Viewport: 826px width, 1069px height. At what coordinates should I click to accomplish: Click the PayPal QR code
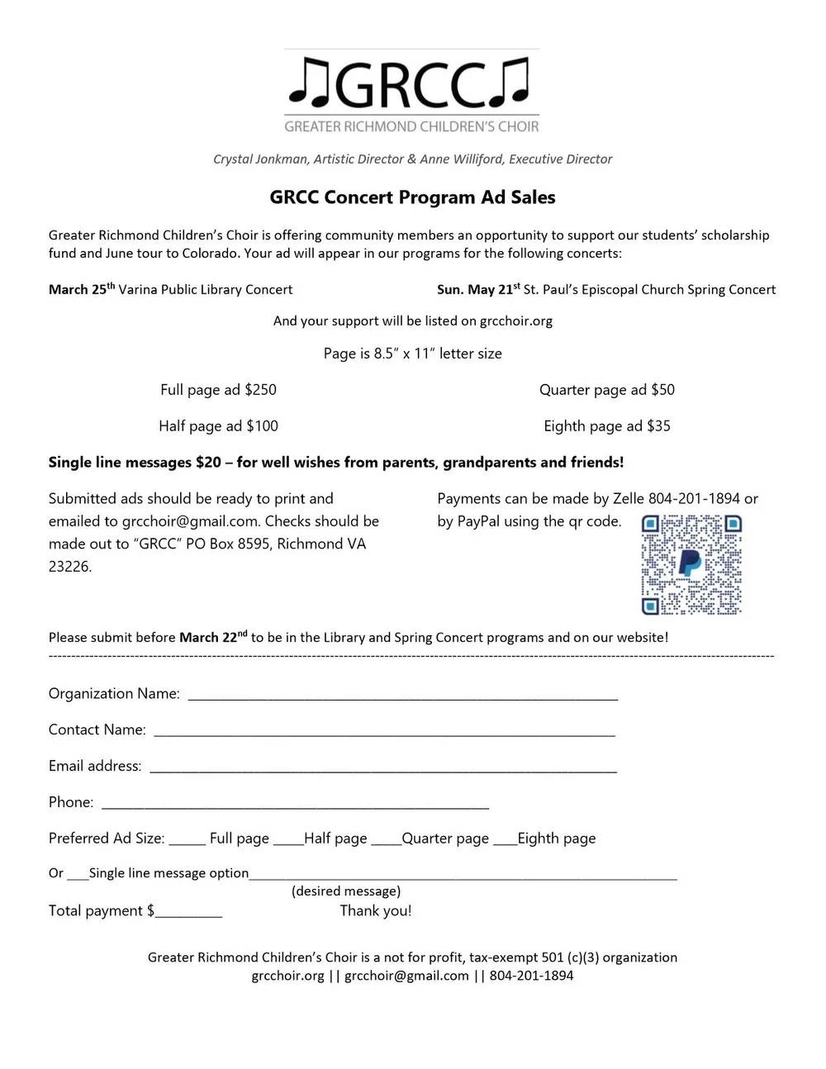pos(691,564)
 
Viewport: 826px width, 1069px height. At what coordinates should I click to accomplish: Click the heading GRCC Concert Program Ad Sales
pos(412,197)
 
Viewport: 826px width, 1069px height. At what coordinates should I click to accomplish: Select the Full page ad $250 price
pos(218,390)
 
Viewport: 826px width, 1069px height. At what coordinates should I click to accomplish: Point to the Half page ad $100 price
pos(218,426)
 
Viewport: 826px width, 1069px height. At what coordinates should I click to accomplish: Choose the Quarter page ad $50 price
pos(606,390)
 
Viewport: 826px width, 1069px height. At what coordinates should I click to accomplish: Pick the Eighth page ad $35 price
pos(606,426)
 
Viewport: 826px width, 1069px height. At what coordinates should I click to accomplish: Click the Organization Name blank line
pos(403,696)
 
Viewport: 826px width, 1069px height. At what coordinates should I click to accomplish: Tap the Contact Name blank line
pos(384,732)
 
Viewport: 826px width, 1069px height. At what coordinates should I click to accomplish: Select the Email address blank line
pos(382,768)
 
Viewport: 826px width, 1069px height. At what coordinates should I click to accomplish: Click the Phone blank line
pos(295,805)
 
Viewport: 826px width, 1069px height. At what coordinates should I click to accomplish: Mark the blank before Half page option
pos(288,841)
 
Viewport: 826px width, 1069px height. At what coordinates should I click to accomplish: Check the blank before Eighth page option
pos(504,841)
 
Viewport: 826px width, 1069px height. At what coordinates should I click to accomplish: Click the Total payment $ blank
pos(189,914)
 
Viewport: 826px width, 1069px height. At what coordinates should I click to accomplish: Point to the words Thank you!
pos(376,911)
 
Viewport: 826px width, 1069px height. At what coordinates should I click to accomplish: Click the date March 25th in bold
pos(81,289)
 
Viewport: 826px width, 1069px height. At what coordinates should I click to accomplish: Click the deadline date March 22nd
pos(212,637)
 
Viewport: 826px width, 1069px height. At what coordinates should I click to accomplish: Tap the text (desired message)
pos(346,891)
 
